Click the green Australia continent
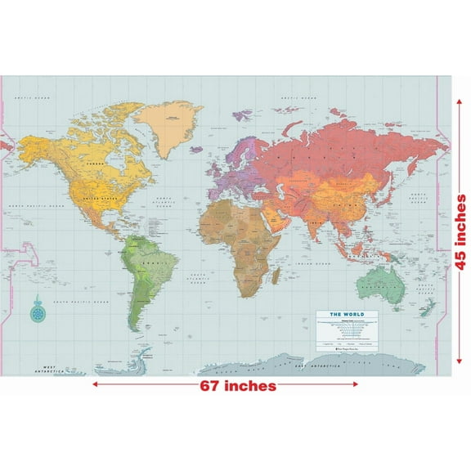click(379, 283)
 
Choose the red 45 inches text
click(460, 231)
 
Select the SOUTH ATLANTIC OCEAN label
click(200, 278)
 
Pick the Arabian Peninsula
click(282, 216)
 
